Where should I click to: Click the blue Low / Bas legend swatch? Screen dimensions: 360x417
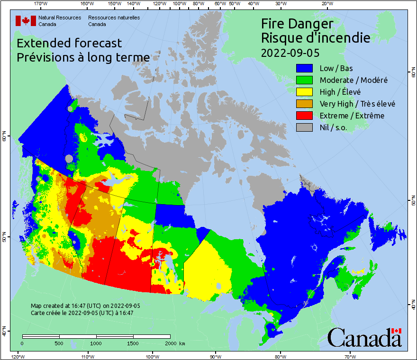305,69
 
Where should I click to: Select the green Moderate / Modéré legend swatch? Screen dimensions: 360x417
305,81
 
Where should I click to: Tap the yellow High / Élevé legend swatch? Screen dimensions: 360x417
305,92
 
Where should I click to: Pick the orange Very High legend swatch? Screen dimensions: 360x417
305,104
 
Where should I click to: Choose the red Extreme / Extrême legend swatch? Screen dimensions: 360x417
305,116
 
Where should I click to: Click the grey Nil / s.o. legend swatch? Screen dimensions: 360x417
305,128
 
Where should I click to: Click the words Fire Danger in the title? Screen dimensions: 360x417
297,24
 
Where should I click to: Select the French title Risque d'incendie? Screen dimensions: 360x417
316,38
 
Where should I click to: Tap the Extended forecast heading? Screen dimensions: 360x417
69,43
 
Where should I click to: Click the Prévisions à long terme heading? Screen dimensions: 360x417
83,57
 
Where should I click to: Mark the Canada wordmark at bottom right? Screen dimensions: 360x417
364,337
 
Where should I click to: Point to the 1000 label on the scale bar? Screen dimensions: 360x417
96,343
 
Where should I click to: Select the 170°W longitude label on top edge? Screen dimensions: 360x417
41,4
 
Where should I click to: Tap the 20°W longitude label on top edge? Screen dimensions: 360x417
326,4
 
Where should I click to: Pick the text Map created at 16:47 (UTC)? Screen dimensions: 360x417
85,306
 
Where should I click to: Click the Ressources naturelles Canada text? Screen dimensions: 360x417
114,21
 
